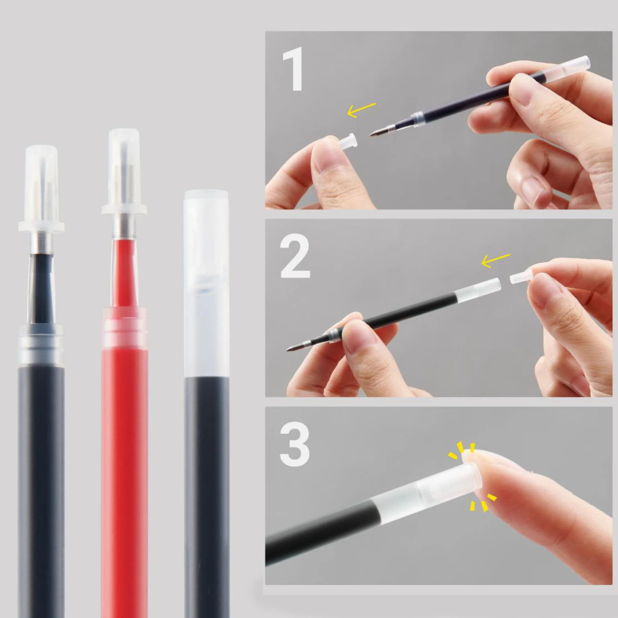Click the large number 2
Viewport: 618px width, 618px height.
click(295, 258)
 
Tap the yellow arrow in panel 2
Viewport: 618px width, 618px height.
click(495, 260)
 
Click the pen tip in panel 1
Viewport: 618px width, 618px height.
click(374, 134)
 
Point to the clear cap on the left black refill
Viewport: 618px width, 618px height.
click(41, 189)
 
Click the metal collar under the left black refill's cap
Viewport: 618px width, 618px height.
click(42, 243)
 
